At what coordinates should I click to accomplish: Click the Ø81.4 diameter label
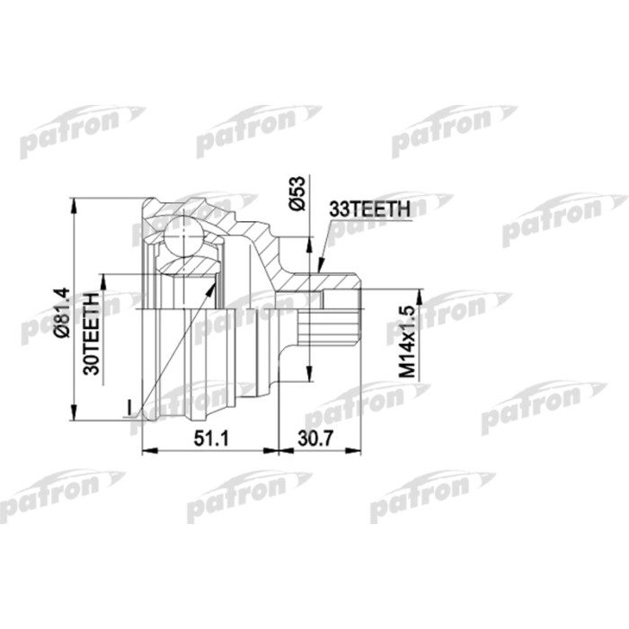pos(61,312)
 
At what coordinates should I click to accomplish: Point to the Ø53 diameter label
pos(298,193)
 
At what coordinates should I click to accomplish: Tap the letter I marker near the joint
pos(129,409)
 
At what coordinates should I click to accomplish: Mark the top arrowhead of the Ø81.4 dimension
pos(72,203)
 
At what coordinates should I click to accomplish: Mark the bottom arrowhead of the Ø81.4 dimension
pos(72,416)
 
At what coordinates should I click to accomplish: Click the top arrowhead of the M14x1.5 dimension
pos(417,294)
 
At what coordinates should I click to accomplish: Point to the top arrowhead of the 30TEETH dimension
pos(103,278)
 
